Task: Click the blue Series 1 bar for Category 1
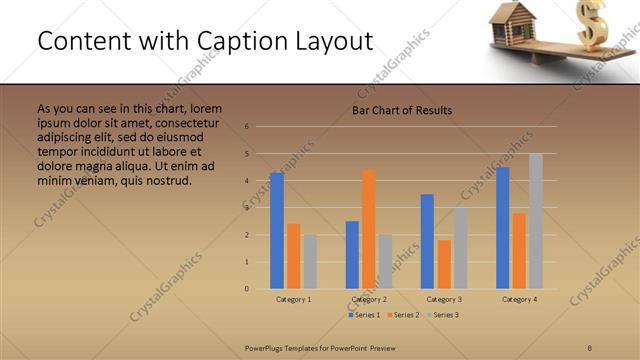pos(277,231)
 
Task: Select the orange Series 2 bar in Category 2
pos(369,229)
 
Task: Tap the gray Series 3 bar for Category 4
pos(536,221)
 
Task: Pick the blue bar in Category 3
pos(427,241)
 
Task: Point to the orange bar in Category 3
pos(444,264)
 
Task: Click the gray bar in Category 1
pos(310,262)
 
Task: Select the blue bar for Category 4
pos(503,228)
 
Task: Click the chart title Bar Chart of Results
pos(402,110)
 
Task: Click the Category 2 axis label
pos(369,299)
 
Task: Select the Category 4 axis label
pos(520,299)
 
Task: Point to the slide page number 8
pos(590,347)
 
